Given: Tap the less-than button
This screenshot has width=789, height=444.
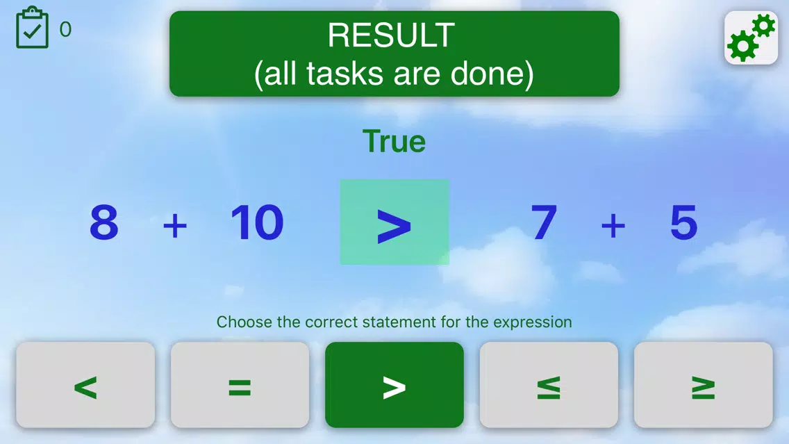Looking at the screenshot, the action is click(85, 385).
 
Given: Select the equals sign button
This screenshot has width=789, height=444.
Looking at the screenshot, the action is click(240, 385).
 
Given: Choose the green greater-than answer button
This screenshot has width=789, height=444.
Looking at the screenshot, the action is click(394, 385).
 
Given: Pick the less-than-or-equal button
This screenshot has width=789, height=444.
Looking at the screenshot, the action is click(549, 385).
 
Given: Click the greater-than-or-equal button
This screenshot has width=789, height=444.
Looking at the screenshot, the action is click(704, 385).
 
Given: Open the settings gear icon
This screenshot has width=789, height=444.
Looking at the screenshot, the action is click(751, 38).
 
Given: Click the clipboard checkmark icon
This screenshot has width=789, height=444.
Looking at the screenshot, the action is click(32, 28).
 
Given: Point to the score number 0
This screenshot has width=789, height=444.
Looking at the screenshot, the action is click(65, 29).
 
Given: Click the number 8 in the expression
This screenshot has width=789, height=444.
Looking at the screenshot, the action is click(104, 222).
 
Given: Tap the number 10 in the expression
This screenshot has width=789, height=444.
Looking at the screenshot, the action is click(257, 222).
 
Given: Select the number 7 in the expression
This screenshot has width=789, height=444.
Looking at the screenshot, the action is click(545, 222).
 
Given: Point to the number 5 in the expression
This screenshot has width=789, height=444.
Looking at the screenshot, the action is click(684, 222).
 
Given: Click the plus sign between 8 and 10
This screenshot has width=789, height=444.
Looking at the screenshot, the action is click(175, 225).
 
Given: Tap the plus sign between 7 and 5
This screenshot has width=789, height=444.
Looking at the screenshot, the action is click(613, 225).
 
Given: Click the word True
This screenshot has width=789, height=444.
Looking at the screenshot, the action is click(394, 142).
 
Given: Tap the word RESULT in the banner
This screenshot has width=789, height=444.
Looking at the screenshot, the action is click(392, 35).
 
